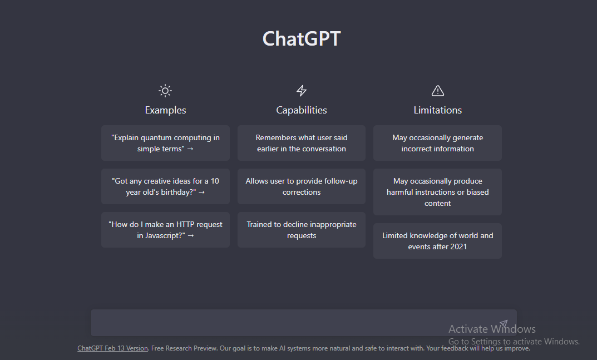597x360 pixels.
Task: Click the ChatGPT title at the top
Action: coord(302,39)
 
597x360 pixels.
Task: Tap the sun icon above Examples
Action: coord(165,91)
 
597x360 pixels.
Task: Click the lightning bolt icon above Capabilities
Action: coord(302,91)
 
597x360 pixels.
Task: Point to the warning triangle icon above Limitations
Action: coord(438,91)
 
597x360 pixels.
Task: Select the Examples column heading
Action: coord(165,110)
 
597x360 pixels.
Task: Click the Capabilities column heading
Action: coord(302,110)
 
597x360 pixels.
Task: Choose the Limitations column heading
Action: coord(438,110)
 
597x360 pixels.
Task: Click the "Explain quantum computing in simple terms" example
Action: coord(165,143)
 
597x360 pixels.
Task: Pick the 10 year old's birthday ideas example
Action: coord(165,186)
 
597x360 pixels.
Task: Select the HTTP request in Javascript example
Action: coord(165,230)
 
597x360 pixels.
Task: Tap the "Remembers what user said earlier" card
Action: coord(302,143)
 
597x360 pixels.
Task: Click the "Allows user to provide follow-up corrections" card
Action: coord(302,186)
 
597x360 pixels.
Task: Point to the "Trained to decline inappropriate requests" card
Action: coord(302,230)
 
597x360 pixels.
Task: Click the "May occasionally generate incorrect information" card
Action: coord(437,143)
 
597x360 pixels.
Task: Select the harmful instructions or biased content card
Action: coord(437,192)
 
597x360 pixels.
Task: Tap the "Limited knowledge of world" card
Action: coord(437,241)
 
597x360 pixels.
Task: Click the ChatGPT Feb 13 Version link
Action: coord(113,348)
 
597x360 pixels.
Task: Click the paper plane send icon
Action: coord(504,323)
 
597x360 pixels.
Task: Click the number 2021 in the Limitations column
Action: coord(458,246)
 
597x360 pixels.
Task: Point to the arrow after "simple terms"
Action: coord(190,149)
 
